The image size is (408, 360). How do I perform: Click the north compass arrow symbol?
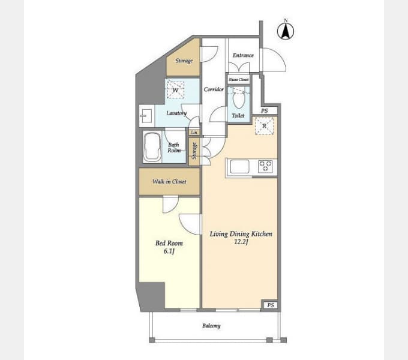[x=286, y=30]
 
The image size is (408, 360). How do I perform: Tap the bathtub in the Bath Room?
[x=152, y=147]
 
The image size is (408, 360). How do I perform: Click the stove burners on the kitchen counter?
[x=265, y=166]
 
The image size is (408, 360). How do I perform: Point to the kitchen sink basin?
[x=239, y=166]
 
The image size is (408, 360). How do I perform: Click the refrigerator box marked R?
[x=264, y=126]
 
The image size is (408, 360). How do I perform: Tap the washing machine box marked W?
[x=176, y=90]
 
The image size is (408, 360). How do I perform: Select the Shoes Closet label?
[x=239, y=80]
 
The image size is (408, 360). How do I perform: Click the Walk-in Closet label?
[x=169, y=182]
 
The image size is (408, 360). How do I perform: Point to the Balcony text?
[x=211, y=326]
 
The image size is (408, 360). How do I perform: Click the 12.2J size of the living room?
[x=241, y=242]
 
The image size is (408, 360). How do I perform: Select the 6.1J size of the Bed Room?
[x=169, y=251]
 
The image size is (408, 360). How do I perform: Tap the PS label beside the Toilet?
[x=265, y=111]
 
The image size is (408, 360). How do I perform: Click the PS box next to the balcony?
[x=271, y=305]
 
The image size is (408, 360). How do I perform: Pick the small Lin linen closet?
[x=194, y=133]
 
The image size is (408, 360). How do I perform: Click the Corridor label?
[x=214, y=89]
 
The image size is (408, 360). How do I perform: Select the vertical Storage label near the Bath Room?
[x=194, y=151]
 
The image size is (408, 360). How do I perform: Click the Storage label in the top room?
[x=184, y=61]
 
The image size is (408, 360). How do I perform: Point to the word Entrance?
[x=243, y=55]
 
